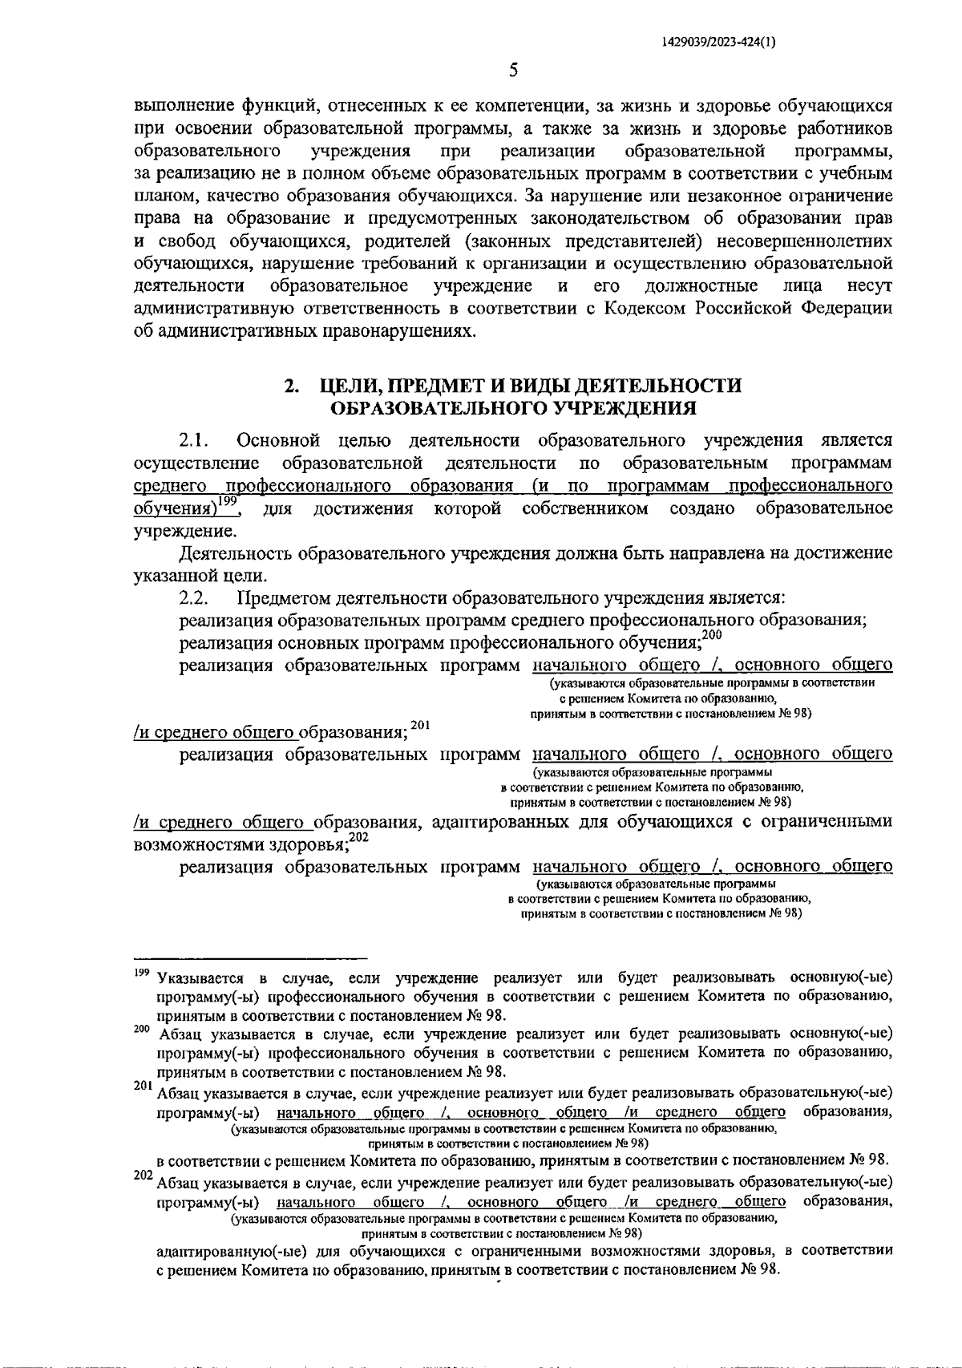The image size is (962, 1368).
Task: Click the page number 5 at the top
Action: pos(514,71)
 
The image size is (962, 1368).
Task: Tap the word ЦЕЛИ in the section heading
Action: pos(346,386)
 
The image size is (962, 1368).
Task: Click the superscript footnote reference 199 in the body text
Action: pos(231,501)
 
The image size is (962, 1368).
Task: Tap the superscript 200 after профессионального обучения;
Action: pos(712,635)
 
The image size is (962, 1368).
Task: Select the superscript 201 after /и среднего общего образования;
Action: pos(421,725)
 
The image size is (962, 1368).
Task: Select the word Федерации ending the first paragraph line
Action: pos(848,309)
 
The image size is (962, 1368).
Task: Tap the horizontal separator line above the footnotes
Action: pos(249,957)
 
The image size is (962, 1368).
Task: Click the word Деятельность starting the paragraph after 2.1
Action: pos(238,554)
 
